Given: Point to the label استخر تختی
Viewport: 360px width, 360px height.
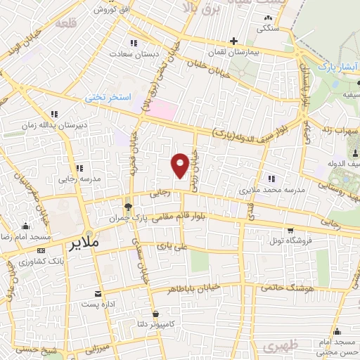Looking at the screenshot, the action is click(108, 97).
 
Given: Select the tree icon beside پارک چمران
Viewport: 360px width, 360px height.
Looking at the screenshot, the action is click(128, 207).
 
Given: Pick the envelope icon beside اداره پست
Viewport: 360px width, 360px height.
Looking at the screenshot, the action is click(98, 293).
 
